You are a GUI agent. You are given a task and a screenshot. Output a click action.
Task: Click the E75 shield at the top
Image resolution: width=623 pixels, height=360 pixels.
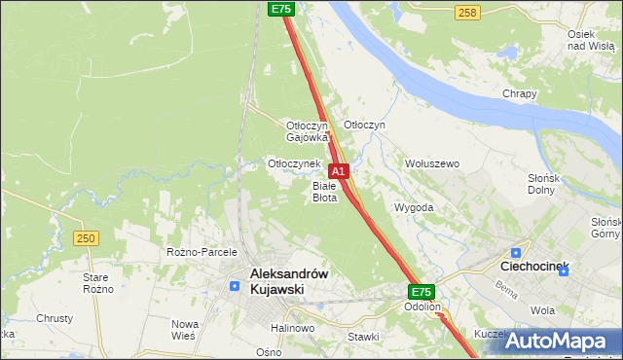coord(280,9)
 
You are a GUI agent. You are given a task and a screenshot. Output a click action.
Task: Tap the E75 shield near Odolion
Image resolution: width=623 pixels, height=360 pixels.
coord(421,292)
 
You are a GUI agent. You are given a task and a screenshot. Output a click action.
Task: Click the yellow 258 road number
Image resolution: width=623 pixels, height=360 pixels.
coord(467,12)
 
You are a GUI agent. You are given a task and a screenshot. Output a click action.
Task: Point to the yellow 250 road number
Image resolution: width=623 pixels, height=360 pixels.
coord(86,238)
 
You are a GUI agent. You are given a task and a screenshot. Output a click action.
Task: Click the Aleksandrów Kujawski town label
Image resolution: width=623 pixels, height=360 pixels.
coord(289,282)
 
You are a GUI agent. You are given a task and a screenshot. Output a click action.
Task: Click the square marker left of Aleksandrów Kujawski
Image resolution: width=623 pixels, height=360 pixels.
coord(235,286)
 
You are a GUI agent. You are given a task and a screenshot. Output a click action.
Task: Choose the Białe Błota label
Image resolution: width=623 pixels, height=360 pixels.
coord(324,191)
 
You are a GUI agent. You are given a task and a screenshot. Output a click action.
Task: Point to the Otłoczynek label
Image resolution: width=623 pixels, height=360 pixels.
coord(294,163)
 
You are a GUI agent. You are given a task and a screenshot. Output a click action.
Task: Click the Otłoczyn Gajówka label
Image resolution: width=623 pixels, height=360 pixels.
coord(309,131)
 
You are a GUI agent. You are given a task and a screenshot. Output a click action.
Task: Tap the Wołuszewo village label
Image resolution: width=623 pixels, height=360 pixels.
coord(432,163)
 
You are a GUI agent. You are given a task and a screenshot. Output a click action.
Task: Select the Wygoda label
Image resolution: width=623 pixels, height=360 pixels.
coord(414,207)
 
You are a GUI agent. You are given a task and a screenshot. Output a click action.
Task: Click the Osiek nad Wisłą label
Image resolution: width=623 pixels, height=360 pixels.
coord(590,40)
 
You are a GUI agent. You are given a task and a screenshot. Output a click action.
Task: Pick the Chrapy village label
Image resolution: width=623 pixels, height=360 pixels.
coord(520,93)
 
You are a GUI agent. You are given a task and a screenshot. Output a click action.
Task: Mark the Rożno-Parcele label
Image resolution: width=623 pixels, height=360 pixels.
coord(197,252)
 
